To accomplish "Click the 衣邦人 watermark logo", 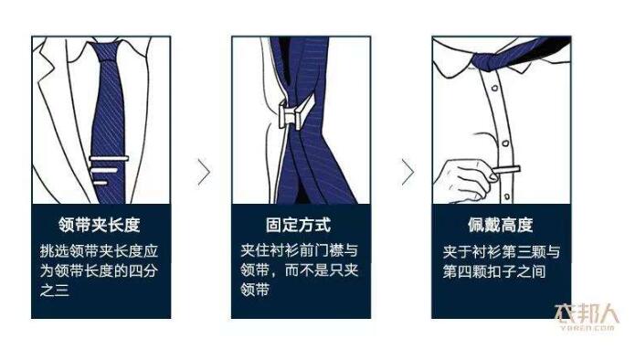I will pos(586,315).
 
